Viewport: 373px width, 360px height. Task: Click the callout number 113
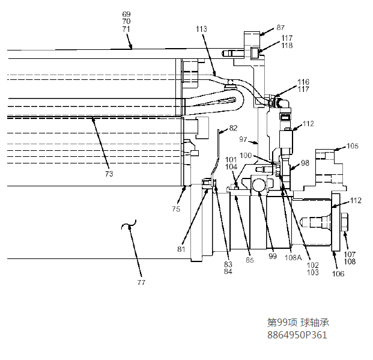pyautogui.click(x=201, y=29)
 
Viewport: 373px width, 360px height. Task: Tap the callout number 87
pyautogui.click(x=281, y=28)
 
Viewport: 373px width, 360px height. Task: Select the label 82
pyautogui.click(x=233, y=128)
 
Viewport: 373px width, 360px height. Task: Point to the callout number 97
pyautogui.click(x=243, y=139)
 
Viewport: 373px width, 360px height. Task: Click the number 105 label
pyautogui.click(x=353, y=145)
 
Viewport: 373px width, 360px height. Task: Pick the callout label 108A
pyautogui.click(x=293, y=257)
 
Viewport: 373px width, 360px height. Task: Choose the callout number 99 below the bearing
pyautogui.click(x=273, y=256)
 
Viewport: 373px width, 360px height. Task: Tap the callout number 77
pyautogui.click(x=141, y=282)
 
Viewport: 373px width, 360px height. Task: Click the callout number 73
pyautogui.click(x=109, y=174)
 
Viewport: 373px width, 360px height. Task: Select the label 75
pyautogui.click(x=176, y=209)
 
